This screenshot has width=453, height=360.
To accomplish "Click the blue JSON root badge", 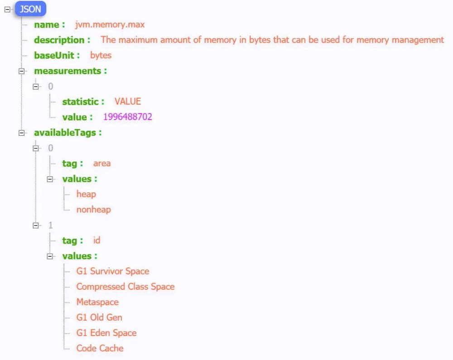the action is (30, 9).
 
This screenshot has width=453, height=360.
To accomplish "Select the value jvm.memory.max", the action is (110, 24).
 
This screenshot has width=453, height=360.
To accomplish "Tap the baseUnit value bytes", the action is (101, 55).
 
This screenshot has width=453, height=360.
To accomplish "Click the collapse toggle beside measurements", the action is (21, 71).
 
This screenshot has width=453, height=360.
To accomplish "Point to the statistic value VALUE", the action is (128, 101).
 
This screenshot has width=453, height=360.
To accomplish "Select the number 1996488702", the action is (128, 117).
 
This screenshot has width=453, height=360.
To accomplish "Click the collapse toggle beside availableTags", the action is (21, 133).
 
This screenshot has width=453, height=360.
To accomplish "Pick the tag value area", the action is (101, 163).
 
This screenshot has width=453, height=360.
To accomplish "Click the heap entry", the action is (86, 194).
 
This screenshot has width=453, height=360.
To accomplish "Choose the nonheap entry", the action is (94, 210).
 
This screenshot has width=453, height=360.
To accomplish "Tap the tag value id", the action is (97, 240).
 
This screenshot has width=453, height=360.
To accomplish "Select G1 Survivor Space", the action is (113, 271).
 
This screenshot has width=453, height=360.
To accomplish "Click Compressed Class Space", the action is (125, 286).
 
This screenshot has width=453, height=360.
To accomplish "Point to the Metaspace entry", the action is (97, 302).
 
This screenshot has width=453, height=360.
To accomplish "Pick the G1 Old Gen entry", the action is (99, 317).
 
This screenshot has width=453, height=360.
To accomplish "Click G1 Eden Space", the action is (106, 333).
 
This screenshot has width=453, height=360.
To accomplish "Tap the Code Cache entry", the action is (100, 348).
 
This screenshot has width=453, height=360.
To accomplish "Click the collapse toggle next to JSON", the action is (8, 10).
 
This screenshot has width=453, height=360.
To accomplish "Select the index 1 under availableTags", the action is (51, 225).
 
